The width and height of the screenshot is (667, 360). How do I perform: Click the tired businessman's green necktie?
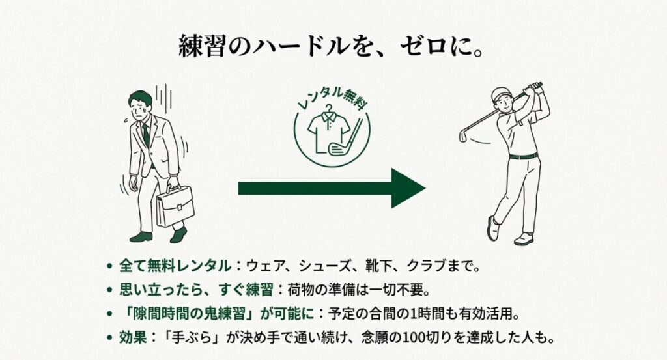point(146,133)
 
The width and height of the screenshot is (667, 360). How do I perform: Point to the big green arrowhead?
point(407,188)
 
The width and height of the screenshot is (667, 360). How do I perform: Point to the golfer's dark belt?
point(523,156)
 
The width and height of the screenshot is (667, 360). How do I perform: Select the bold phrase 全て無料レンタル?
point(175,266)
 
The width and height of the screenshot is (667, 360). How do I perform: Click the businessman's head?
point(140,103)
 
